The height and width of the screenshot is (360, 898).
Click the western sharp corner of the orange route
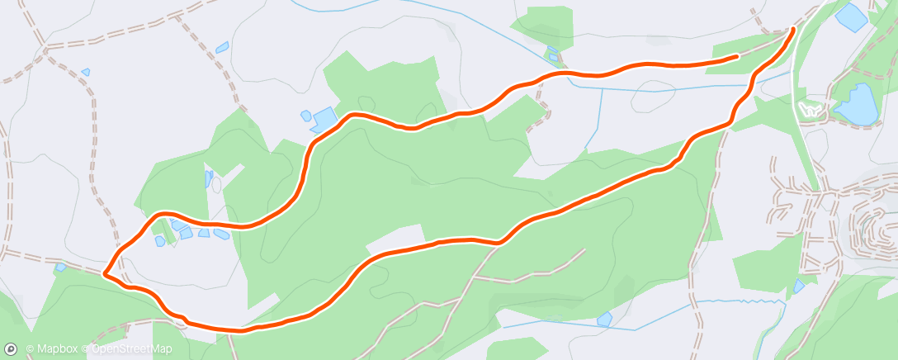[x=104, y=272]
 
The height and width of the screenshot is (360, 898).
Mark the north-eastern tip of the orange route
[x=794, y=30]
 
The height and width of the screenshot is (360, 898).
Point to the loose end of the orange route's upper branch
[x=736, y=57]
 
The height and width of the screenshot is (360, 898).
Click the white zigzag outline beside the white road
[x=811, y=108]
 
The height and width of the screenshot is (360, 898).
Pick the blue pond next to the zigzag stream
[x=798, y=287]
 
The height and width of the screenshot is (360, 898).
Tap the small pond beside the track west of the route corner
[x=60, y=268]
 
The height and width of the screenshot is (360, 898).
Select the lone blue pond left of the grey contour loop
[x=604, y=318]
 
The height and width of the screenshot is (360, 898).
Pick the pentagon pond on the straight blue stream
[x=552, y=55]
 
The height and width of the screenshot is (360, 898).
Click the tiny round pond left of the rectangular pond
[x=305, y=115]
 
